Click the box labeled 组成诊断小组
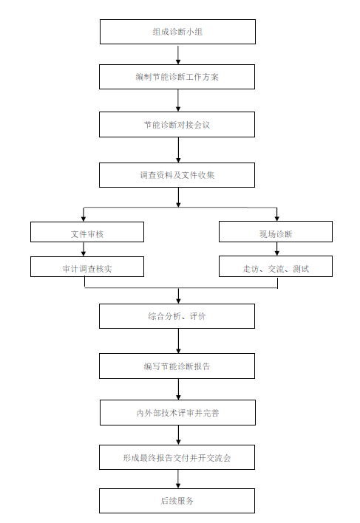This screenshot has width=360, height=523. tap(177, 32)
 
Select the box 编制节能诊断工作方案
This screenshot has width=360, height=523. tap(177, 77)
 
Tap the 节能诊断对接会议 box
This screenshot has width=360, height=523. tap(177, 124)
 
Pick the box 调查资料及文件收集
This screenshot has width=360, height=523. tap(177, 175)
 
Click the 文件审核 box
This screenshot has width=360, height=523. tap(87, 232)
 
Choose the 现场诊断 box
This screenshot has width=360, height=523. tap(276, 231)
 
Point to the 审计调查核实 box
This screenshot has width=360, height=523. tap(87, 267)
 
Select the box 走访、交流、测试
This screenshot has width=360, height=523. tap(276, 266)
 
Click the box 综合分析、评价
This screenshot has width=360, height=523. tap(177, 316)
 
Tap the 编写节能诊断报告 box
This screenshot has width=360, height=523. tap(177, 366)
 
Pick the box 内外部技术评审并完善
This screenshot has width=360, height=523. tap(177, 413)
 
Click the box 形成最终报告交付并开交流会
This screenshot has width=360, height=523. tap(177, 457)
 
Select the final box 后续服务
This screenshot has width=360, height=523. tap(177, 501)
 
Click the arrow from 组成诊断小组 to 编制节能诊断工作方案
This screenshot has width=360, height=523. tap(178, 55)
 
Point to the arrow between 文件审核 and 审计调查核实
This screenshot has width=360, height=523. tap(84, 250)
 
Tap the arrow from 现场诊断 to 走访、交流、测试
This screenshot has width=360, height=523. tap(277, 249)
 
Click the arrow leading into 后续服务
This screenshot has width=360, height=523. tap(178, 479)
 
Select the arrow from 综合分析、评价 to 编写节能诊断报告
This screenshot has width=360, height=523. tap(178, 341)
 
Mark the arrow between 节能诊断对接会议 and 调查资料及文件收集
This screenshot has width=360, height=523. tap(178, 150)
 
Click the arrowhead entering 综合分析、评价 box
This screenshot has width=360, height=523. tap(178, 301)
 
